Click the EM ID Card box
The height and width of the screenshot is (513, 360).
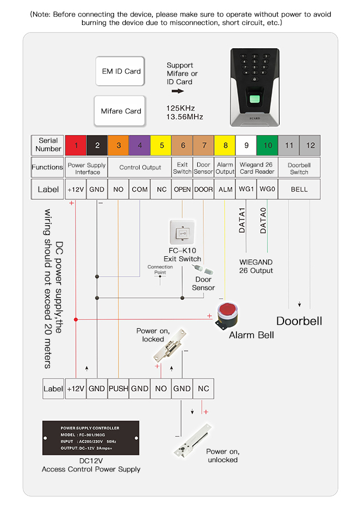(120, 71)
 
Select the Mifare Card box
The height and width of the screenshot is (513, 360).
(120, 111)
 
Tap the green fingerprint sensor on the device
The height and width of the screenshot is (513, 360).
(256, 101)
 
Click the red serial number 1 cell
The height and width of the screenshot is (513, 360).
(76, 146)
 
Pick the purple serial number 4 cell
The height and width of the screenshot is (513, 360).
(140, 146)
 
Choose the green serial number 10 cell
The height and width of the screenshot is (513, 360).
(268, 146)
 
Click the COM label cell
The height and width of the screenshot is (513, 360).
(140, 189)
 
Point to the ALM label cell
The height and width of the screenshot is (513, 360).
(225, 189)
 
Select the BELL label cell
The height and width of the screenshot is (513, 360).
(299, 189)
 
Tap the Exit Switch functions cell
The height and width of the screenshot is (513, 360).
(182, 167)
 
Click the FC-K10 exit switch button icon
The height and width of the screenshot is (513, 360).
(182, 232)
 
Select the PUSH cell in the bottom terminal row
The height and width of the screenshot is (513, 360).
(118, 388)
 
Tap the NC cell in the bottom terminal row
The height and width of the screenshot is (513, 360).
(203, 388)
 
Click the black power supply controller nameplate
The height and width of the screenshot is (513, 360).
(90, 438)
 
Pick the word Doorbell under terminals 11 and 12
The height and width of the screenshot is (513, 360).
(299, 321)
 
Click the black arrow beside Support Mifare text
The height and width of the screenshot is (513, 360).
(177, 91)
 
